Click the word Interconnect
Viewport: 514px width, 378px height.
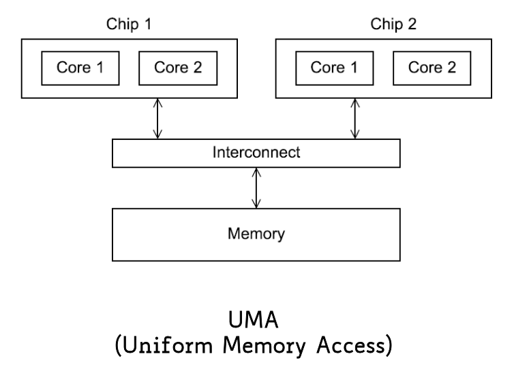click(256, 153)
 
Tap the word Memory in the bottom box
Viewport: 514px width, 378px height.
click(256, 234)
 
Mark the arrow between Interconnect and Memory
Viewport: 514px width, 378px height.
click(256, 188)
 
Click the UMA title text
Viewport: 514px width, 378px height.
click(256, 321)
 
